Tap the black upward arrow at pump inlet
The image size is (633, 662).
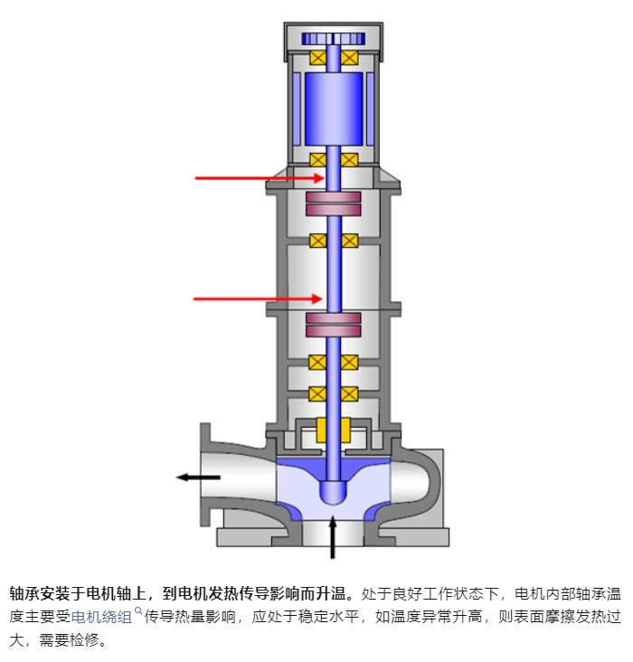334,537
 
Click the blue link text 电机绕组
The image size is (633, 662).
101,618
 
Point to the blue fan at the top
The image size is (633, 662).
333,39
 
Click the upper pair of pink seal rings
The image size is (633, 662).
334,203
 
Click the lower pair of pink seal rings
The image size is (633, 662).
334,325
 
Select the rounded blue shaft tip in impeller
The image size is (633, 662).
334,488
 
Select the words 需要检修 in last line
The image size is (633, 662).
76,641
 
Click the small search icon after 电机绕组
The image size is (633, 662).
137,611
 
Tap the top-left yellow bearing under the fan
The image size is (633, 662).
318,57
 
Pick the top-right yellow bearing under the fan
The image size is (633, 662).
349,57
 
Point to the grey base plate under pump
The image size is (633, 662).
334,537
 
